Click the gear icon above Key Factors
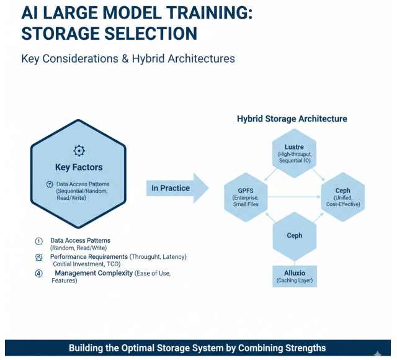[x=79, y=150]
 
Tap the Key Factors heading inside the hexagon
[x=79, y=167]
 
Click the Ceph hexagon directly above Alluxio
[x=294, y=236]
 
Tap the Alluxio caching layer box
[x=294, y=276]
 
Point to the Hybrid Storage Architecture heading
[x=292, y=119]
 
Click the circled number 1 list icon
[x=38, y=241]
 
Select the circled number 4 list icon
[x=38, y=273]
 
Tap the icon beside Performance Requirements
[x=38, y=256]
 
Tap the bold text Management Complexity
[x=94, y=273]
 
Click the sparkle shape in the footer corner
[x=378, y=354]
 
